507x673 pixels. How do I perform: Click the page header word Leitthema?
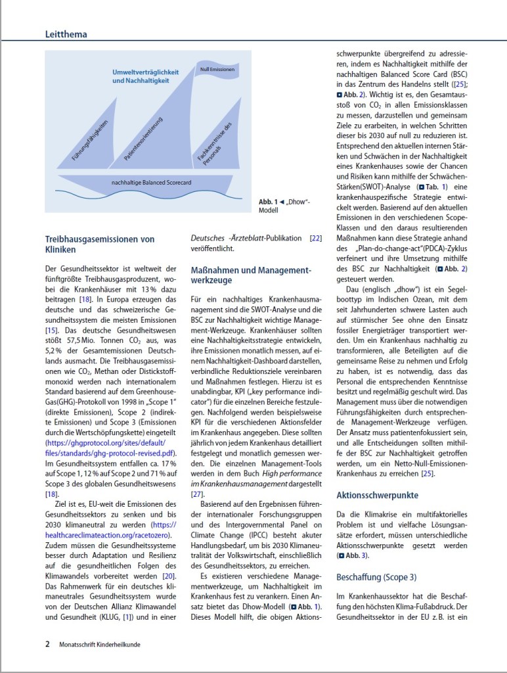pyautogui.click(x=66, y=34)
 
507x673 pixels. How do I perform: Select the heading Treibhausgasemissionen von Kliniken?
pyautogui.click(x=99, y=244)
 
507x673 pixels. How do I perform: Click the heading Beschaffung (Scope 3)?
pyautogui.click(x=376, y=577)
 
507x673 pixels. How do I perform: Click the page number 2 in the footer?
pyautogui.click(x=47, y=644)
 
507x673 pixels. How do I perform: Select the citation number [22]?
pyautogui.click(x=315, y=238)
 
